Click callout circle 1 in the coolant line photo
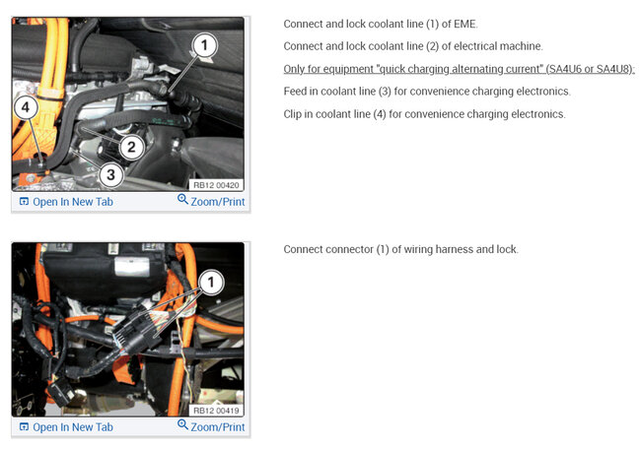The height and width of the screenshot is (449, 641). point(202,44)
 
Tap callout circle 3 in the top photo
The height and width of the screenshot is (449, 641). point(110,175)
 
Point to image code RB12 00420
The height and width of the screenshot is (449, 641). point(215,183)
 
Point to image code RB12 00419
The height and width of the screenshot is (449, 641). point(215,409)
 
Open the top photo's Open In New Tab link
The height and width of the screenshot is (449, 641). point(72,202)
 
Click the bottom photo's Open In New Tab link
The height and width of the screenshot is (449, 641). point(72,427)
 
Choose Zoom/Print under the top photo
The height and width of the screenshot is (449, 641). point(218,202)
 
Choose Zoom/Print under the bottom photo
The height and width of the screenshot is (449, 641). point(218,427)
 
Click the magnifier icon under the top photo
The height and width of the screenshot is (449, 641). point(182,201)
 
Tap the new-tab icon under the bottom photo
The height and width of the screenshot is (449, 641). point(24,427)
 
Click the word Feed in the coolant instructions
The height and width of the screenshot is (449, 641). point(297,92)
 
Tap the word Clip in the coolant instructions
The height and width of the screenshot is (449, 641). point(295,114)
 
